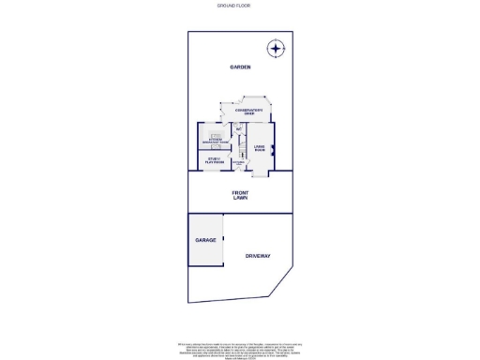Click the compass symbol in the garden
coord(276,48)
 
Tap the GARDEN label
coord(240,68)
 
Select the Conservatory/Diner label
coord(249,112)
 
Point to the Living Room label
coord(259,148)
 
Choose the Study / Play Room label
coord(215,160)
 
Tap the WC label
coord(238,128)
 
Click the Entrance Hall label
coord(239,163)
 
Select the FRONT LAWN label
coord(240,196)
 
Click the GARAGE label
coord(205,240)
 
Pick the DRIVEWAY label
coord(258,255)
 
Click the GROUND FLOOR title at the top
coord(233,6)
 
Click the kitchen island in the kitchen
coord(216,135)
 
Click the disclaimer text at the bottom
coord(240,346)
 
